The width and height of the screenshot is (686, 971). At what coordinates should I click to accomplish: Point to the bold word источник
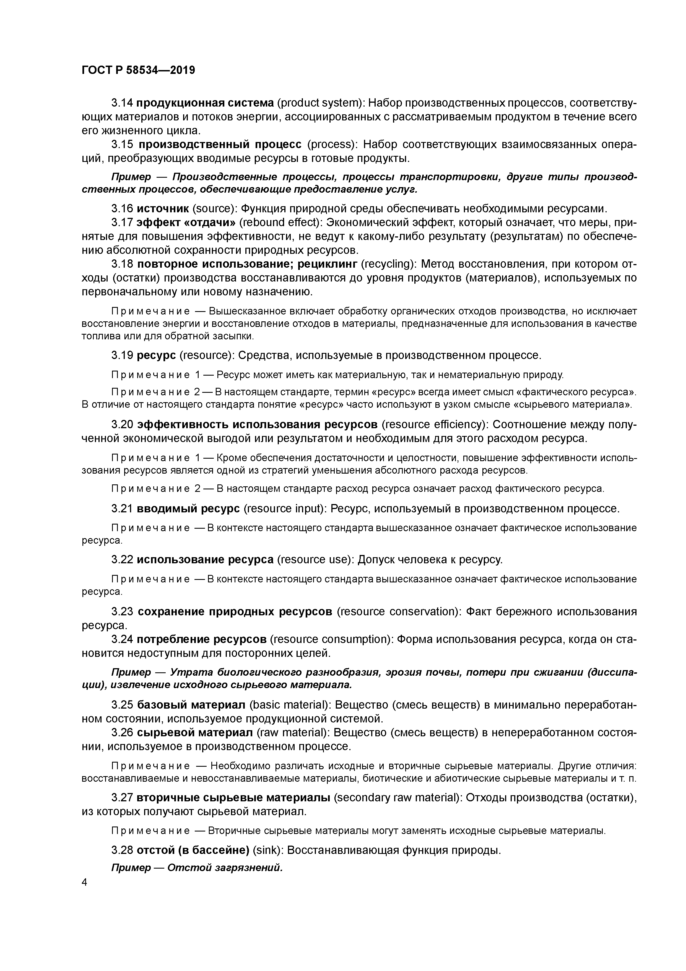point(163,208)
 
